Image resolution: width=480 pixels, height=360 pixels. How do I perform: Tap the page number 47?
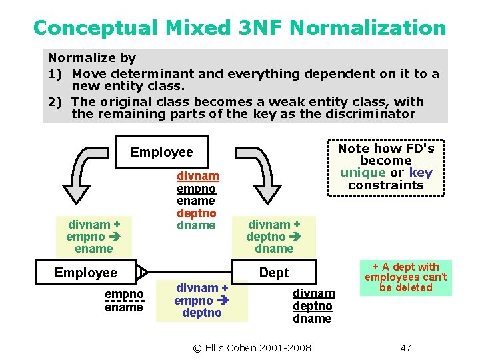[x=405, y=348]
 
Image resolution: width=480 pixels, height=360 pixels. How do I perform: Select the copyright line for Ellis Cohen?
[x=252, y=348]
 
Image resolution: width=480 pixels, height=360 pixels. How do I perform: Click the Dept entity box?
[x=274, y=273]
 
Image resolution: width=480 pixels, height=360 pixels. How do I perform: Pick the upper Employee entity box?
[x=162, y=152]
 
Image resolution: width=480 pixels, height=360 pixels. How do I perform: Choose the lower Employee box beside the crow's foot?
[x=85, y=273]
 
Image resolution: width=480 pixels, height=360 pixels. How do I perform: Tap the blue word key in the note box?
[x=421, y=173]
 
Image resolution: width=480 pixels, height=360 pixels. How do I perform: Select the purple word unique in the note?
[x=363, y=173]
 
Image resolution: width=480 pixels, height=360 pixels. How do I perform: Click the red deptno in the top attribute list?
[x=196, y=213]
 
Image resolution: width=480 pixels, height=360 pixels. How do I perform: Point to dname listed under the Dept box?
[x=312, y=318]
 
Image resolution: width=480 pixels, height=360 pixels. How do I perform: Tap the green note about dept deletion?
[x=405, y=277]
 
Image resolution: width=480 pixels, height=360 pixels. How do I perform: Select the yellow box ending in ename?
[x=94, y=237]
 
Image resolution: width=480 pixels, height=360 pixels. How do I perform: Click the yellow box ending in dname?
[x=274, y=237]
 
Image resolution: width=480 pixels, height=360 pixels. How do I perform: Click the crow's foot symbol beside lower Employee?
[x=142, y=273]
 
